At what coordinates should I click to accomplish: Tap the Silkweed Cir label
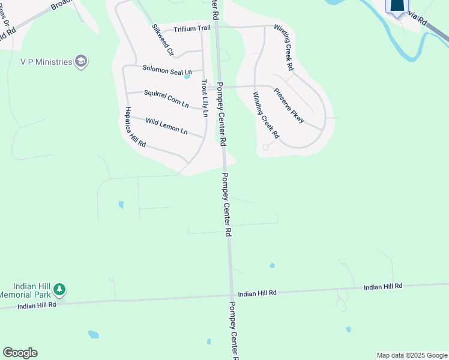click(162, 40)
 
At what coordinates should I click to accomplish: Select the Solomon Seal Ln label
click(167, 70)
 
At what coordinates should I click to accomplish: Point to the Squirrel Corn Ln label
click(166, 99)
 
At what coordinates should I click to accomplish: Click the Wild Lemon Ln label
click(166, 126)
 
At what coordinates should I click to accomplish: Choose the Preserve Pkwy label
click(289, 106)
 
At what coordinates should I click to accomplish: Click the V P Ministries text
click(46, 61)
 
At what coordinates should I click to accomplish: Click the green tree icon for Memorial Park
click(59, 290)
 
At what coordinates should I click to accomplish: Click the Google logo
click(20, 353)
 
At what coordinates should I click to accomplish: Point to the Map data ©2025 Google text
click(412, 355)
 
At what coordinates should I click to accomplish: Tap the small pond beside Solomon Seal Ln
click(187, 77)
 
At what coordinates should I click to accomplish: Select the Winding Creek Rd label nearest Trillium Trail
click(283, 47)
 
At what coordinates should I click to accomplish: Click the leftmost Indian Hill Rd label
click(37, 305)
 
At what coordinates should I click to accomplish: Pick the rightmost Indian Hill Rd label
click(383, 287)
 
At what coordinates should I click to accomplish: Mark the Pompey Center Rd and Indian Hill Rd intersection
click(232, 295)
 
